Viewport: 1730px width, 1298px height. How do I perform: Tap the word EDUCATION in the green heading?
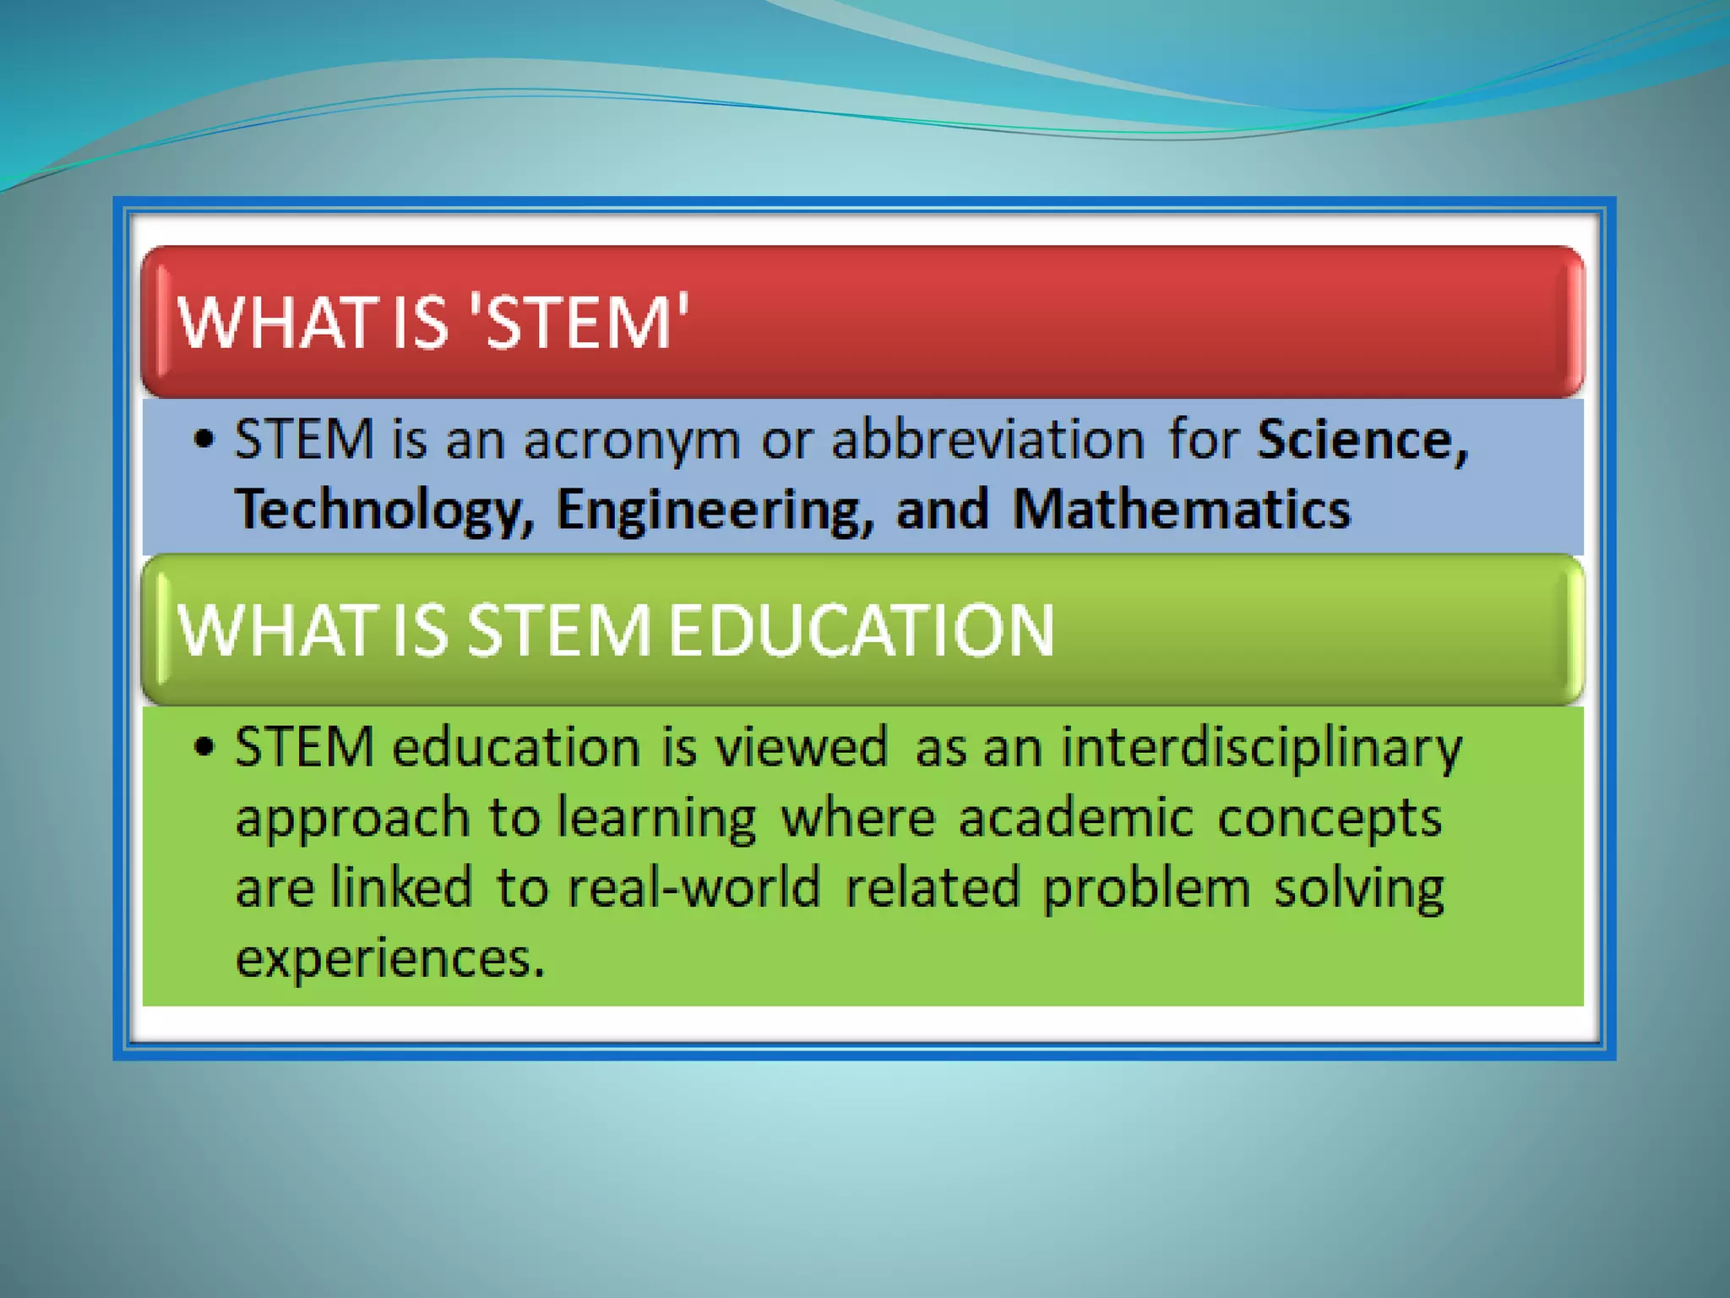(x=862, y=630)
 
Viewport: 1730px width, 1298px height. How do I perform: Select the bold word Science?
(x=1363, y=440)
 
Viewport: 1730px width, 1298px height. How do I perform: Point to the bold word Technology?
(x=385, y=510)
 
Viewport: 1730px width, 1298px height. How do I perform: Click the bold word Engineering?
(x=715, y=510)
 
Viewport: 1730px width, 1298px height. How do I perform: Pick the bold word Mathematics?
(x=1181, y=509)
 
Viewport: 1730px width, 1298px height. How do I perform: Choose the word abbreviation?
(x=987, y=440)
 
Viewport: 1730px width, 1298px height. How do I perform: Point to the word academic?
(x=1075, y=818)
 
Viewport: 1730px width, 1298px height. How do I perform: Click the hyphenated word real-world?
(x=693, y=887)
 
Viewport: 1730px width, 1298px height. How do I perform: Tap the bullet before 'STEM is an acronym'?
(x=204, y=439)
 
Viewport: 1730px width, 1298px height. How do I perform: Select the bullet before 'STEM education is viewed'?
(x=204, y=748)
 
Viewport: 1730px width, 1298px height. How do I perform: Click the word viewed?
(x=802, y=748)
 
